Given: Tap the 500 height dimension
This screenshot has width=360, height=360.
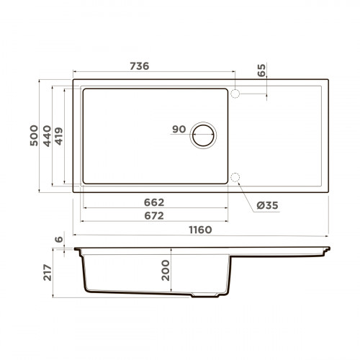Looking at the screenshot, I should click(32, 134).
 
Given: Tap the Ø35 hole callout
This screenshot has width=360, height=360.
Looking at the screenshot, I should click(267, 206).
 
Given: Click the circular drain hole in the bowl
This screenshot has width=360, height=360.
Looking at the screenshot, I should click(204, 134).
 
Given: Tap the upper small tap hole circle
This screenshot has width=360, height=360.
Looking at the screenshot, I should click(235, 93).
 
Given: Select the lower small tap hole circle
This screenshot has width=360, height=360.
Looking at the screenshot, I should click(235, 178).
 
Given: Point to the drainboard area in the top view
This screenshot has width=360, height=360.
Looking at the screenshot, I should click(284, 137).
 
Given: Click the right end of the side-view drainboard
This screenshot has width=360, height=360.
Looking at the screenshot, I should click(328, 249).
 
